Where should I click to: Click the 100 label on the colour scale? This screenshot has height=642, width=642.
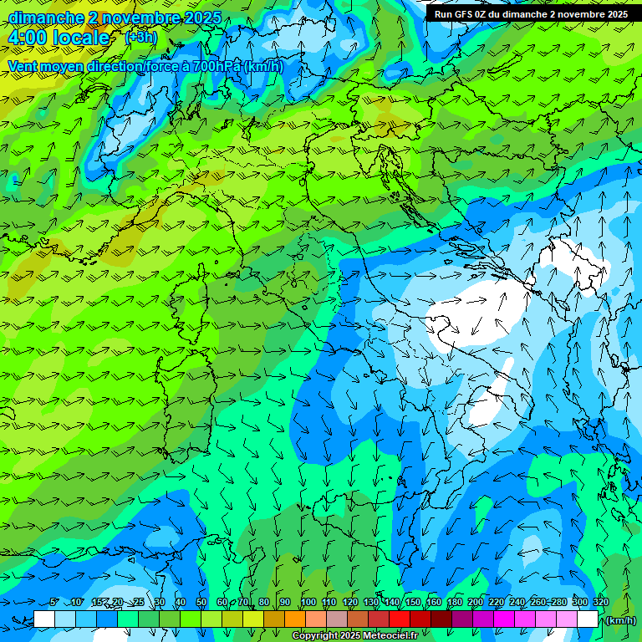pyautogui.click(x=308, y=603)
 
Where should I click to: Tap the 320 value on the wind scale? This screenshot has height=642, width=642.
pyautogui.click(x=601, y=603)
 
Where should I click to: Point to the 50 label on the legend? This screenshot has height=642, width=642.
pyautogui.click(x=201, y=603)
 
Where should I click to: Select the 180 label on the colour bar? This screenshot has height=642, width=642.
pyautogui.click(x=454, y=603)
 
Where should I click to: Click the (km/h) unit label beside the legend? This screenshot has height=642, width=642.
pyautogui.click(x=620, y=620)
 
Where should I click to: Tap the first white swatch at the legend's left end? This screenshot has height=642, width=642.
pyautogui.click(x=44, y=619)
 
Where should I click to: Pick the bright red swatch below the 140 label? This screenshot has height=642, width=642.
pyautogui.click(x=400, y=619)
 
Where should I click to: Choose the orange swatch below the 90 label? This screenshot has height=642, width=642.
pyautogui.click(x=295, y=619)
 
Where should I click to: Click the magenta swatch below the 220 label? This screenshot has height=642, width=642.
pyautogui.click(x=504, y=619)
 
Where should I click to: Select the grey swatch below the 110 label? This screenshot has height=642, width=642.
pyautogui.click(x=337, y=619)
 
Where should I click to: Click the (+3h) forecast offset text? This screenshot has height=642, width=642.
pyautogui.click(x=140, y=38)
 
